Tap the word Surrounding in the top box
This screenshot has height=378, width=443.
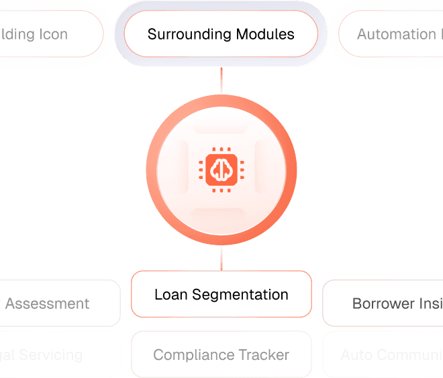coord(185,34)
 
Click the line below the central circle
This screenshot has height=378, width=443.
coord(221,259)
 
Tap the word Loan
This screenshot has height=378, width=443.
coord(170,295)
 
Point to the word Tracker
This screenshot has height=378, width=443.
coord(266,355)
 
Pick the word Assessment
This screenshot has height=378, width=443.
coord(47,304)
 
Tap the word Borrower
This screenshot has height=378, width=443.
coord(383,304)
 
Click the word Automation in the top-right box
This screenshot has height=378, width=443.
coord(396,34)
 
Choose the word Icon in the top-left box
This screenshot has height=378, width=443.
coord(52,34)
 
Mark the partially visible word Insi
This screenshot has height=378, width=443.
coord(430,304)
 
